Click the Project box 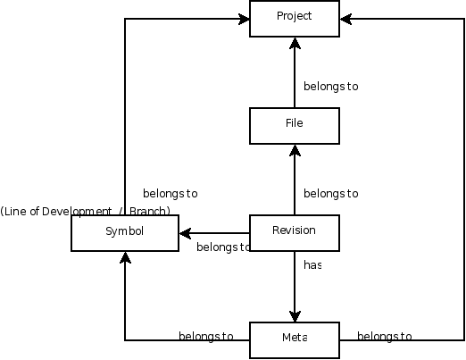point(295,19)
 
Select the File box point(295,126)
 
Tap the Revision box point(295,233)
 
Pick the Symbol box point(125,233)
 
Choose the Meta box point(295,340)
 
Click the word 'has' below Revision point(312,265)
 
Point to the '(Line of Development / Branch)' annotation point(85,211)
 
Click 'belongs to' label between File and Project point(331,87)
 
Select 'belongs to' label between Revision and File point(331,194)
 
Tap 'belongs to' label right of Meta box point(385,337)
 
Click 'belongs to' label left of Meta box point(206,337)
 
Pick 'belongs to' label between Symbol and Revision point(223,247)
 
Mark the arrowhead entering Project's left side point(244,19)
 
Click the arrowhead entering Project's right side point(345,19)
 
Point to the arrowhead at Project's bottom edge point(295,43)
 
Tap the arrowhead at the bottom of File point(295,150)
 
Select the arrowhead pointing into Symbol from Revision point(185,233)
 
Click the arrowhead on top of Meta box point(295,316)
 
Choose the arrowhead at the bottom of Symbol point(125,257)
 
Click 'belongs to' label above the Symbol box point(171,194)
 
